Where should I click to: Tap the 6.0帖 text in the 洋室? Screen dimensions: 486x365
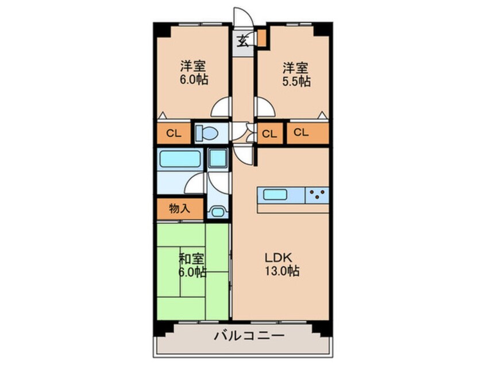pos(194,80)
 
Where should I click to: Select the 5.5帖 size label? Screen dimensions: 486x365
pos(296,81)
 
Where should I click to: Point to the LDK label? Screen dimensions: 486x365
pos(278,257)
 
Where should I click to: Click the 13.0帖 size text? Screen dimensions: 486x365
pos(281,271)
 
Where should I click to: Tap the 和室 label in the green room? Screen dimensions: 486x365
pos(192,258)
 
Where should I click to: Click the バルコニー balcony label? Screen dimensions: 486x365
pos(249,336)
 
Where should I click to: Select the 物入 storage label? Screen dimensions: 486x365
pos(179,208)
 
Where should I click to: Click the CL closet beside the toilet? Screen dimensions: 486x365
pos(173,133)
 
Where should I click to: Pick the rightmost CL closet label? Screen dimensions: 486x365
pos(301,132)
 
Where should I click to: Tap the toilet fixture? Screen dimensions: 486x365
pos(207,133)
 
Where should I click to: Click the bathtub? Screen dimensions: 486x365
pos(179,158)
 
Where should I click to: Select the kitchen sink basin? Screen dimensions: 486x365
pos(275,195)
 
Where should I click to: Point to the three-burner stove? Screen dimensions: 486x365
pos(317,195)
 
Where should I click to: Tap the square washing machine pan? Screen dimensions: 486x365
pos(218,158)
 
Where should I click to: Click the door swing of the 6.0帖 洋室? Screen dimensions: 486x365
pos(221,107)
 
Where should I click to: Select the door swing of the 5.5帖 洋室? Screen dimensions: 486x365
pos(265,107)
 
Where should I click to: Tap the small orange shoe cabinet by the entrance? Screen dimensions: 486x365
pos(262,38)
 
